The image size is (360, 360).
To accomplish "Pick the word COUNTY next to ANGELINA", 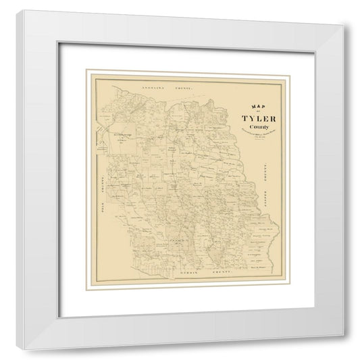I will tap(183, 88).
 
